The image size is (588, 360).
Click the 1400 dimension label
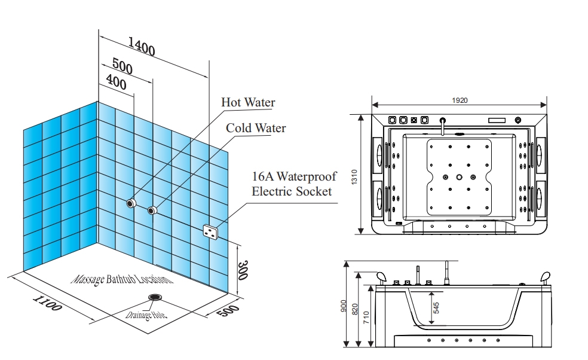[142, 46]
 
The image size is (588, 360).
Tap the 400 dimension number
[117, 81]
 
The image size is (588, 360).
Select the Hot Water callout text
[248, 102]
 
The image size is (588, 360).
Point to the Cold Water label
[256, 128]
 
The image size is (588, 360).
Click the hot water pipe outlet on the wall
[131, 203]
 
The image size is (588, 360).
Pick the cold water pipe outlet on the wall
[152, 210]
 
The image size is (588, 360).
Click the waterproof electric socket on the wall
[211, 231]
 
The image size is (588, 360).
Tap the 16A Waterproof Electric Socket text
[294, 184]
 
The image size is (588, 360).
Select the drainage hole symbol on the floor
[155, 298]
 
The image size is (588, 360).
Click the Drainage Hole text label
[145, 315]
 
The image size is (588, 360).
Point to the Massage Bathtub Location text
[122, 279]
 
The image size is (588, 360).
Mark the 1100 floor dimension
[47, 303]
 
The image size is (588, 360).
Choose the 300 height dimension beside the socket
[243, 270]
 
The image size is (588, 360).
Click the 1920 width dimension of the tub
[460, 100]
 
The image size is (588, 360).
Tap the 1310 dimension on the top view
[354, 177]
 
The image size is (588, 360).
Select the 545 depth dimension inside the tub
[436, 308]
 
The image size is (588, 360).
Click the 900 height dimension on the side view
[344, 306]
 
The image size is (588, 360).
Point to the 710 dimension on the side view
[366, 317]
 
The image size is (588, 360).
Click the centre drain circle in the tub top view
[460, 177]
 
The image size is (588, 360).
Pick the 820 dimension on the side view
[355, 309]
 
